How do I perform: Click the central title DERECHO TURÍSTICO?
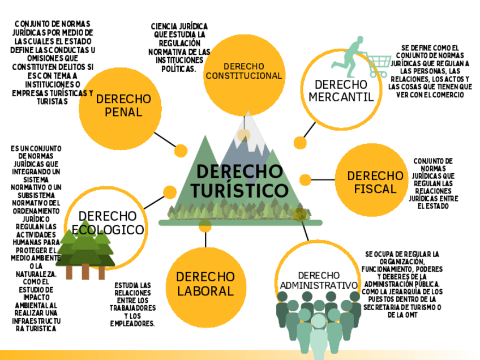[239, 181]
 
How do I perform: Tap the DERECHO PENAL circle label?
[123, 105]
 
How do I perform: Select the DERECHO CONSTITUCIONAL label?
[243, 71]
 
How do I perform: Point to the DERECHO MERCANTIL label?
[341, 91]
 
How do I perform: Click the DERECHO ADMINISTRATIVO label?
[319, 280]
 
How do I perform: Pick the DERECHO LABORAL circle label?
[205, 284]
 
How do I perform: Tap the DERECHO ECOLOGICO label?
[108, 223]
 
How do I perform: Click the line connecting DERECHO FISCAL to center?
[323, 180]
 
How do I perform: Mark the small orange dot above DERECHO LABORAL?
[205, 226]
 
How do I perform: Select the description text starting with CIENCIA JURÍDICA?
[179, 47]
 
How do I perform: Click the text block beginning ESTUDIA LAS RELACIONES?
[132, 304]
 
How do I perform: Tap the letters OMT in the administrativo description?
[409, 314]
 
